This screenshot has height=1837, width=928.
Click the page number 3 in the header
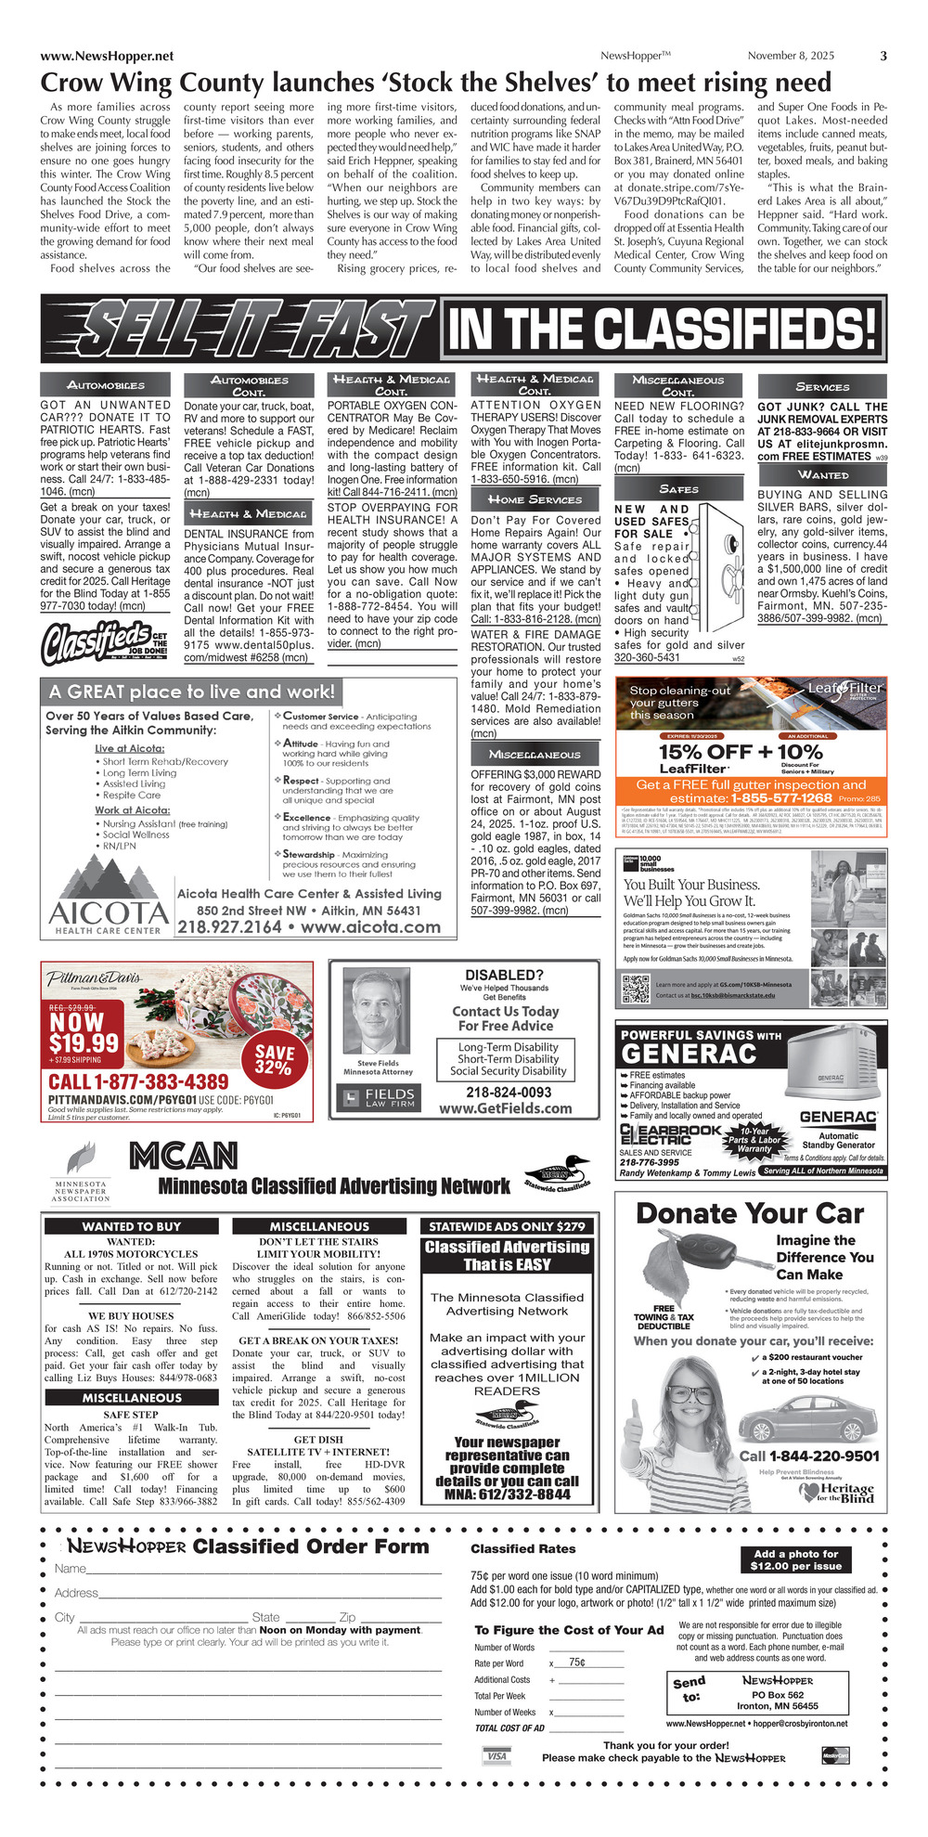(x=883, y=56)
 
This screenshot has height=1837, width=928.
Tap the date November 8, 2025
(x=791, y=56)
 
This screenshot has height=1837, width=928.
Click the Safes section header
(x=678, y=488)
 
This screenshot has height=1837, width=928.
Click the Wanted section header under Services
(x=822, y=474)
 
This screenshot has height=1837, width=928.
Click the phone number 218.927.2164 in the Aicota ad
(x=229, y=926)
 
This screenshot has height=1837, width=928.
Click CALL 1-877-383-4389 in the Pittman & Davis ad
(x=138, y=1081)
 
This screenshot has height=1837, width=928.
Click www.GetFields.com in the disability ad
(x=505, y=1108)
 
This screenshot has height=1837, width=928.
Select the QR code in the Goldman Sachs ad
(x=636, y=990)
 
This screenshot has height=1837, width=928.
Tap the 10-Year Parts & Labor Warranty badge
(x=754, y=1141)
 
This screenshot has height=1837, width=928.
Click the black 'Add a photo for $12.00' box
(x=795, y=1559)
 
